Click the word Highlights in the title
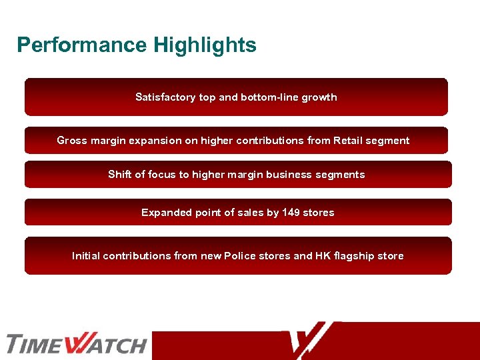205,45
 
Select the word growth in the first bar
319,97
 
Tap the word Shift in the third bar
119,175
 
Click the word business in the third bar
287,175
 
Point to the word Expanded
166,213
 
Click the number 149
291,213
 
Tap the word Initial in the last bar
86,256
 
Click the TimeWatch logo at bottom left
76,344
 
